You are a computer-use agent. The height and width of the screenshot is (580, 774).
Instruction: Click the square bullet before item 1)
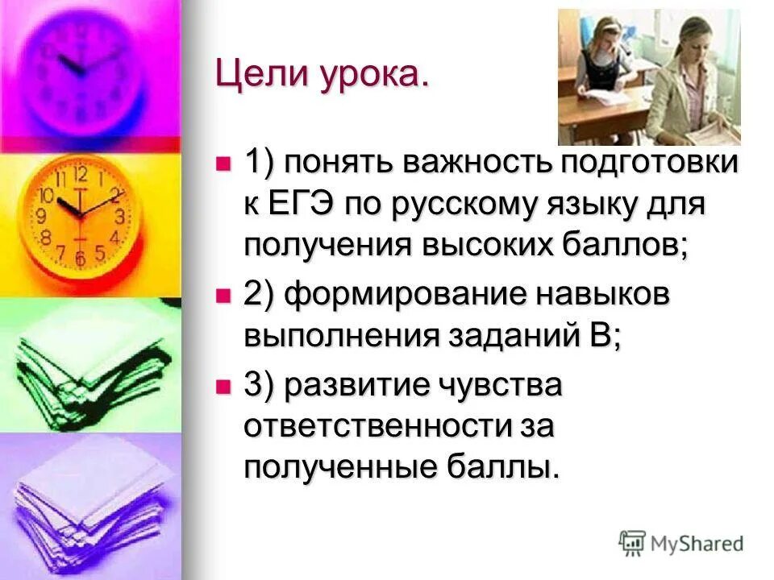(x=223, y=164)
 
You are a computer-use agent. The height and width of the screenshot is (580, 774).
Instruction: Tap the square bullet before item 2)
(x=223, y=296)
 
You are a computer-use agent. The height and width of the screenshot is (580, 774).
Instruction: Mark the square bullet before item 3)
(x=223, y=386)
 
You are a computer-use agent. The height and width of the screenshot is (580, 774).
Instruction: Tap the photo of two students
(x=648, y=77)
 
